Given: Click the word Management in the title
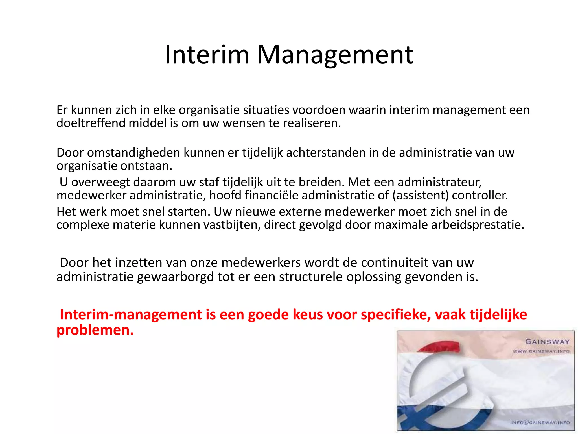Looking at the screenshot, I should pos(335,55).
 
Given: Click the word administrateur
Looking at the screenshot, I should pos(439,182).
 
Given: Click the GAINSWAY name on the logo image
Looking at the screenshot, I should pos(547,342).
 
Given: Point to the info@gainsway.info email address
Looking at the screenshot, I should pos(540,422).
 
